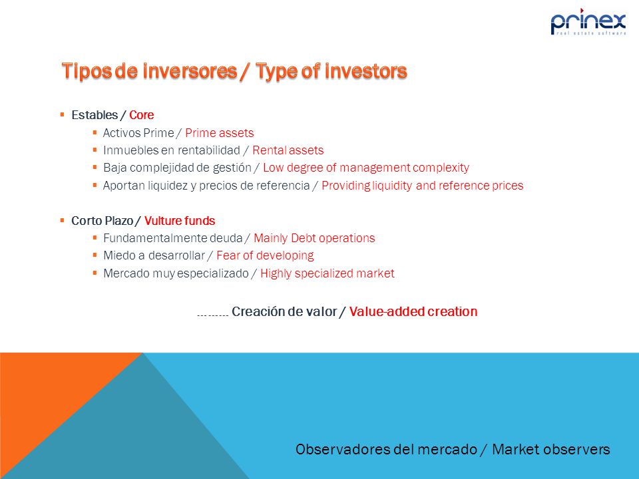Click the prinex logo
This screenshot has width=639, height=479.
point(588,22)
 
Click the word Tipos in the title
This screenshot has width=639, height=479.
point(87,71)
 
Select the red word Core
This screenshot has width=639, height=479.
point(141,115)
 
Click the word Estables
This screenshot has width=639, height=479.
point(95,115)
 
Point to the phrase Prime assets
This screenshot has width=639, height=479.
point(219,133)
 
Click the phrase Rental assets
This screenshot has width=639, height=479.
point(288,150)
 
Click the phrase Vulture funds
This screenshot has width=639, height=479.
point(180,221)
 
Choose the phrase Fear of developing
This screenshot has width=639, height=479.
point(265,255)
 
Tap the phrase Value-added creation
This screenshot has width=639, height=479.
point(413,311)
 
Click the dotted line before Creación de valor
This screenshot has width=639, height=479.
point(212,315)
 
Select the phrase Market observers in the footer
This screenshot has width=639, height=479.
point(551,449)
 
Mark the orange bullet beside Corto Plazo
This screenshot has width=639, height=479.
point(63,220)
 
